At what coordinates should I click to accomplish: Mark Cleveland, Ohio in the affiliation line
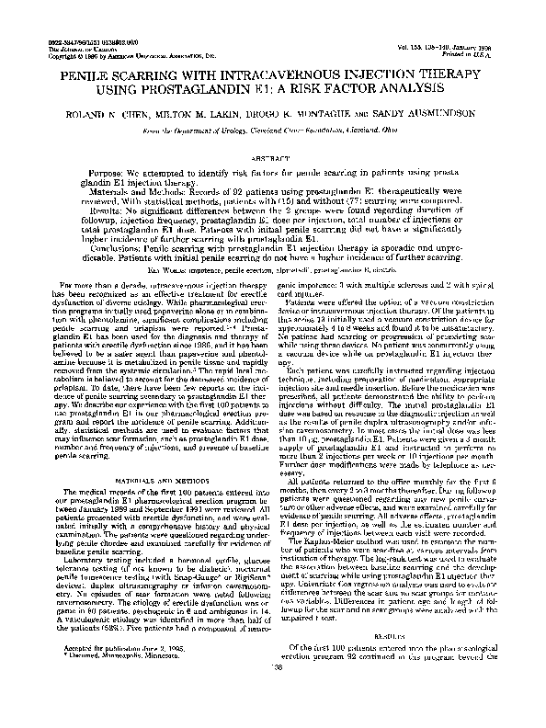pos(345,132)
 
